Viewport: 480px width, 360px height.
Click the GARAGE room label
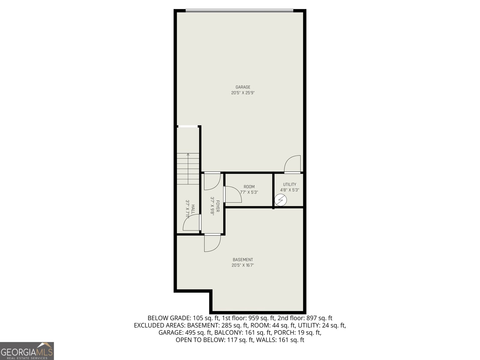coord(243,87)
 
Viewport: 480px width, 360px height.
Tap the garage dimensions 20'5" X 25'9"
coord(243,93)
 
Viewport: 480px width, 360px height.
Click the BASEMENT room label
coord(243,260)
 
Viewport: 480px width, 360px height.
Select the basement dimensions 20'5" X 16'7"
coord(243,265)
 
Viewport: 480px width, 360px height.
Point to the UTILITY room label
coord(289,184)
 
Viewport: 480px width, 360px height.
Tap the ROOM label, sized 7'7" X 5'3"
coord(249,187)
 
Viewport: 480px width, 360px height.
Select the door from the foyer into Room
coord(233,194)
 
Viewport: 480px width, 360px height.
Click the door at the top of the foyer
coord(212,181)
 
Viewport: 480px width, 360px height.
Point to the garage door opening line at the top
coord(239,11)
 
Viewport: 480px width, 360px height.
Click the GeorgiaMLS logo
coord(27,351)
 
